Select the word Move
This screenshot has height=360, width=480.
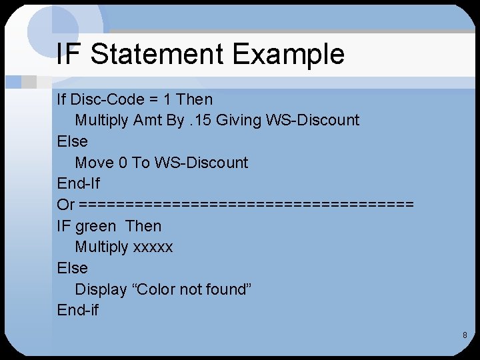(94, 163)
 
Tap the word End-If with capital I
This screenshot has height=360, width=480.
(79, 183)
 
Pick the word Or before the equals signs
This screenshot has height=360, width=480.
(66, 205)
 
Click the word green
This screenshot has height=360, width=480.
(95, 226)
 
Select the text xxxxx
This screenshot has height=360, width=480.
(153, 247)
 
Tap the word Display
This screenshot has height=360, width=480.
(101, 289)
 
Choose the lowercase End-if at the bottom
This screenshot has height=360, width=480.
(78, 310)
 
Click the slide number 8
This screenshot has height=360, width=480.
(465, 335)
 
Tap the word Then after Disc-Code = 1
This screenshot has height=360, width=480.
(195, 99)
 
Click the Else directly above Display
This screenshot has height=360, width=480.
(73, 268)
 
